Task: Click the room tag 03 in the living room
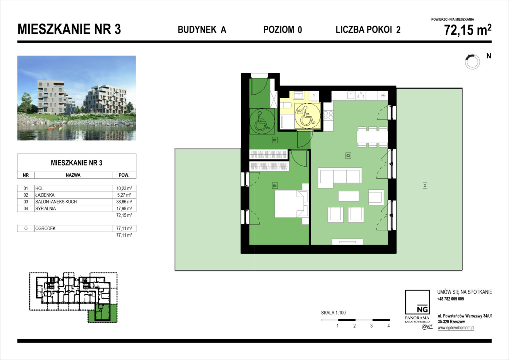348,156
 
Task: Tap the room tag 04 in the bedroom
275,186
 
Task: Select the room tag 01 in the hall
275,140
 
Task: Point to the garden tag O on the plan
425,186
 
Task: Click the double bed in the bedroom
292,204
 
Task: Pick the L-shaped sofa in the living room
340,178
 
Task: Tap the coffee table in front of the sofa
348,196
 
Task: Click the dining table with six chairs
372,137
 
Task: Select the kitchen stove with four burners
328,115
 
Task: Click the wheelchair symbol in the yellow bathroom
307,116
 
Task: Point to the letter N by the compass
489,56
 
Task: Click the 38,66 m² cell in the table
124,202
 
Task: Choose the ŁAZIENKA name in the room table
45,195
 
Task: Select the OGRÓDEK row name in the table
45,229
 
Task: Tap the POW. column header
124,175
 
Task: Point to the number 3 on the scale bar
371,326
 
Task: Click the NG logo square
417,302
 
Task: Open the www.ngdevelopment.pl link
456,328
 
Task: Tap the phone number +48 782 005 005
450,299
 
